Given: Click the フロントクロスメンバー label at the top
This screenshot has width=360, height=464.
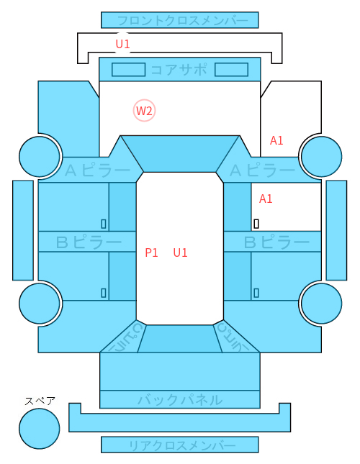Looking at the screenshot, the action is (183, 21).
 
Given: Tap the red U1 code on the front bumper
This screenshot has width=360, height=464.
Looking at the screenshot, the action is (122, 44).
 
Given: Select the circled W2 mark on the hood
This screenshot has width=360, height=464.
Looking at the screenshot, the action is (144, 111).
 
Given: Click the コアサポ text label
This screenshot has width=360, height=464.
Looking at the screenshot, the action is (179, 70).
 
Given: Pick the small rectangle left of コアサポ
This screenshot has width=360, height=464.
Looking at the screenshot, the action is (128, 70).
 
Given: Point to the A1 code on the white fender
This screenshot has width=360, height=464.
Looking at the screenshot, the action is (276, 140).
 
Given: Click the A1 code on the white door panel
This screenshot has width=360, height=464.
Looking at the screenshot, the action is (266, 199).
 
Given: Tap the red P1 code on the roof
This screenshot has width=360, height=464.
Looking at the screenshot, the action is (151, 253).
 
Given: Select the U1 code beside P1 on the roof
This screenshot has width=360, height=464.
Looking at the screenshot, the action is (180, 253).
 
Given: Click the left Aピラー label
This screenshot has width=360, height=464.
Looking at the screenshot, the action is (97, 170).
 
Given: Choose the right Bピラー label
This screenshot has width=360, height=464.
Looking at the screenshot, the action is (276, 242).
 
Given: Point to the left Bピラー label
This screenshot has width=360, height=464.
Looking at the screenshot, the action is (89, 242).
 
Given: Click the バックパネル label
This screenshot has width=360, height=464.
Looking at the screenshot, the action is (180, 400).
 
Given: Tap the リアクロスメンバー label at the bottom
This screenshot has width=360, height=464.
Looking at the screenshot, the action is (182, 445).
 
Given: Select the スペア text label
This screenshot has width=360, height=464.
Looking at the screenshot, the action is (40, 401).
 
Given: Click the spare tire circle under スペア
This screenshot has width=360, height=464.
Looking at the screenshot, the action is (40, 429).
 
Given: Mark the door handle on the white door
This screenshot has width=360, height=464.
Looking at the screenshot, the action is (256, 224).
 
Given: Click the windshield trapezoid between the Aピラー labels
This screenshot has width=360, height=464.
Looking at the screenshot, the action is (180, 154).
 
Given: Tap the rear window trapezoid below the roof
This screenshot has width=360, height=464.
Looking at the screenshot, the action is (180, 339).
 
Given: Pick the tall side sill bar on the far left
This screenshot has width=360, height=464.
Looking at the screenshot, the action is (23, 230).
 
